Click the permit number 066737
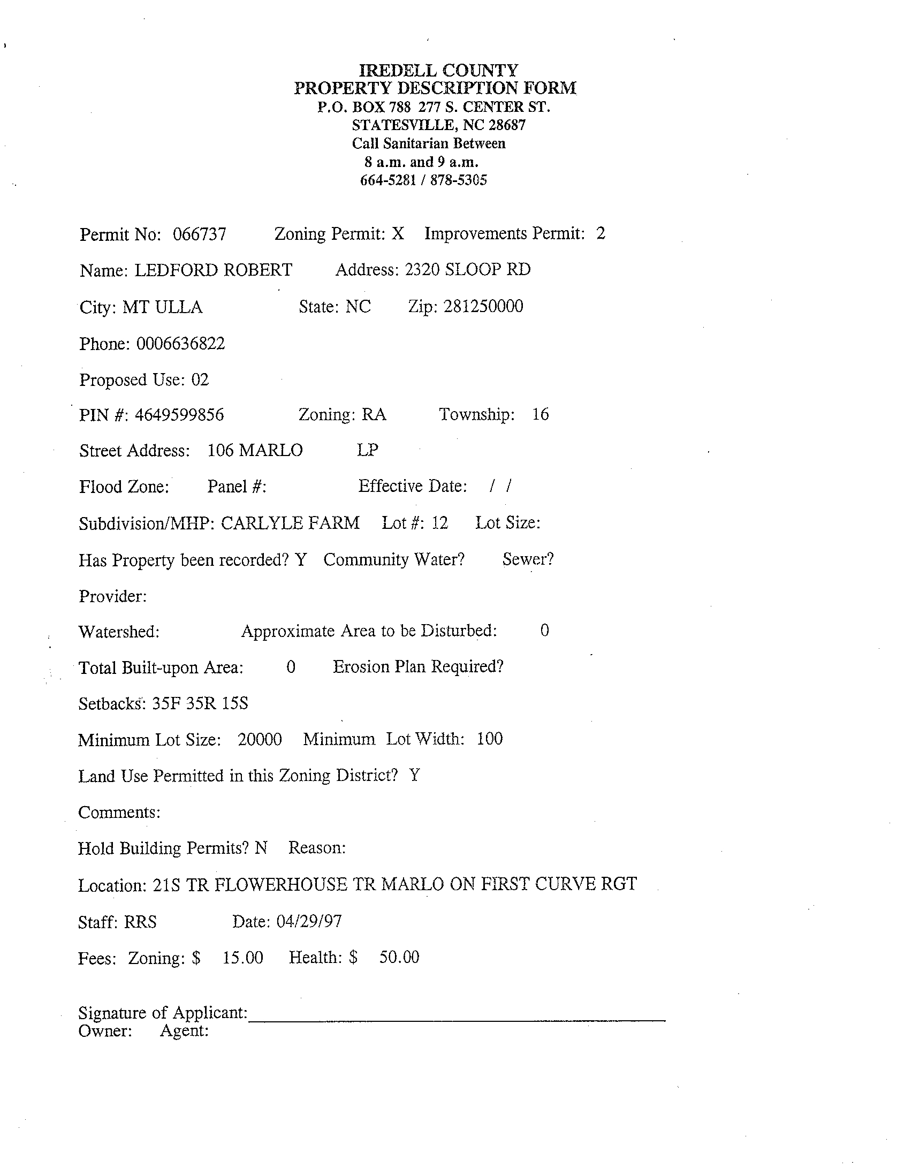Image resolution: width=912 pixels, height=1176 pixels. point(199,235)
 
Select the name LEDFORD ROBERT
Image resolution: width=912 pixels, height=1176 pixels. point(212,270)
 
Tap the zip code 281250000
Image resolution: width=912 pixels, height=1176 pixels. point(483,306)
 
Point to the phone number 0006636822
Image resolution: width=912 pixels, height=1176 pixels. point(180,344)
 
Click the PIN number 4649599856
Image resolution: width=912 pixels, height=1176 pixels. point(179,415)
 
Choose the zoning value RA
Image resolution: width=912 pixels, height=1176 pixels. point(374,415)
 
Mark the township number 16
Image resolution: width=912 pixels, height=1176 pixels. point(540,414)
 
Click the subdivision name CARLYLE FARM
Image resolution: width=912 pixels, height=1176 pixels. point(290,523)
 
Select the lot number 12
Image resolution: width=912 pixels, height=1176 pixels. point(439,523)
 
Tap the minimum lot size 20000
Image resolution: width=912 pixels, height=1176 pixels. point(260,739)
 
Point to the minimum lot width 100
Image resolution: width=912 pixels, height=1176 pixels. point(489,739)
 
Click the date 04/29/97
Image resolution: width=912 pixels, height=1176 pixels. point(309,921)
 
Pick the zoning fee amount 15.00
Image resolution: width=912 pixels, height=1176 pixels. point(243,958)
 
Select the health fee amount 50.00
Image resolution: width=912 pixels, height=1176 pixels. point(399,957)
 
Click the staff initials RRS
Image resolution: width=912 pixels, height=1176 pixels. point(140,922)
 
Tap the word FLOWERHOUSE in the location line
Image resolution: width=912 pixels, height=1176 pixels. point(280,884)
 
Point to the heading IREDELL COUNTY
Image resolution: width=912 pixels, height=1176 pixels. point(438,70)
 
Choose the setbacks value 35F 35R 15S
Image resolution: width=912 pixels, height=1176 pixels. point(200,703)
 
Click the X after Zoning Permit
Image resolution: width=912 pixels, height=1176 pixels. point(397,234)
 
